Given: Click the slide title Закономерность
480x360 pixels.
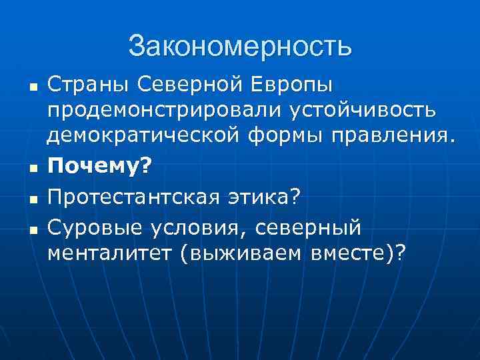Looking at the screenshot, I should pyautogui.click(x=240, y=47).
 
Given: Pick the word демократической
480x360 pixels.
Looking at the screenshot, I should pyautogui.click(x=146, y=137).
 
